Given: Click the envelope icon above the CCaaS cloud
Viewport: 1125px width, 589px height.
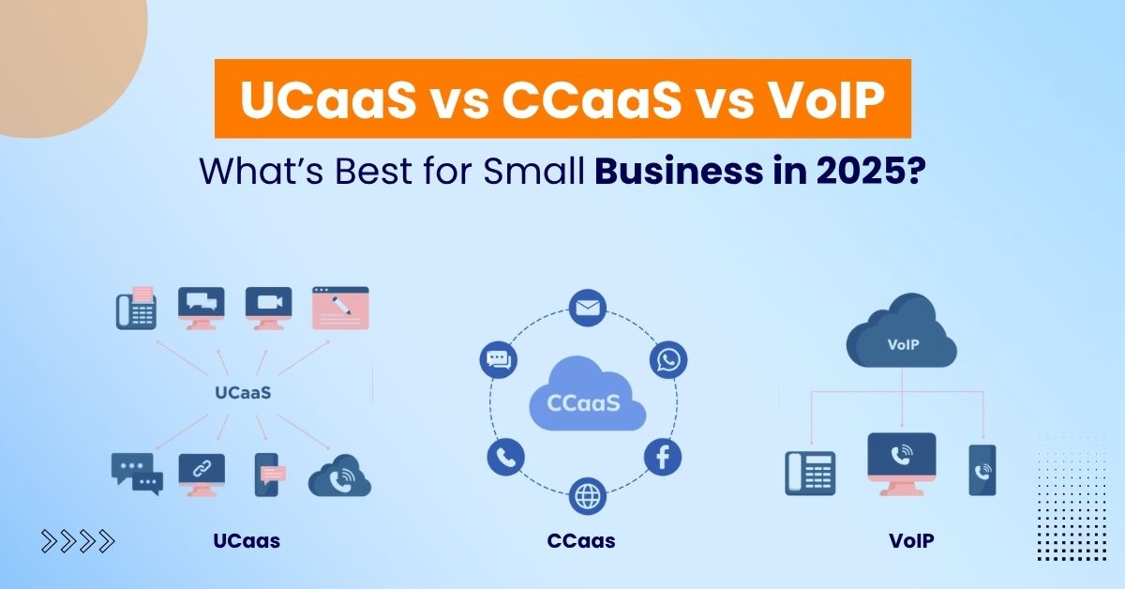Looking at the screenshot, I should (x=588, y=308).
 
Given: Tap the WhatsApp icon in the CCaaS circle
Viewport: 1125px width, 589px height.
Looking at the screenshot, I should (x=667, y=360).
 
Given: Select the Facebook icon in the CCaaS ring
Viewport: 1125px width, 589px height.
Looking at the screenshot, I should (x=663, y=458).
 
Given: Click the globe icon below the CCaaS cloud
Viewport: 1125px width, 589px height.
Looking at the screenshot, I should (x=588, y=493).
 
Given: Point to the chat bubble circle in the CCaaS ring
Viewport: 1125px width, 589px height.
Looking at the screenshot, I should (x=498, y=360).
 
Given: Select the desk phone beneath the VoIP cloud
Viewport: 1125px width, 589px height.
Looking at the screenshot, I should (x=809, y=472).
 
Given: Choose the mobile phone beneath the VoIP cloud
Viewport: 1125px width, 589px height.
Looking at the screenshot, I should (x=982, y=469).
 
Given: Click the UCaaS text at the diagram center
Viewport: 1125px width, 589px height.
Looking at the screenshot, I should (x=241, y=392).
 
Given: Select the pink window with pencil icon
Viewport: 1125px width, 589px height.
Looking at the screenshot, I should (x=340, y=308).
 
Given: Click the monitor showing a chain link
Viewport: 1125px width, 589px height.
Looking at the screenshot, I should (x=202, y=473).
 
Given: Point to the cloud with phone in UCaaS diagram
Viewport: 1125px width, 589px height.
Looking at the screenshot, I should (x=339, y=476).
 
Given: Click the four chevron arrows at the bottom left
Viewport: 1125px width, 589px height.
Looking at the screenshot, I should (x=78, y=540).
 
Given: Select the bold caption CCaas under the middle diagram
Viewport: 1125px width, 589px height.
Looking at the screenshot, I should (x=581, y=541).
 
